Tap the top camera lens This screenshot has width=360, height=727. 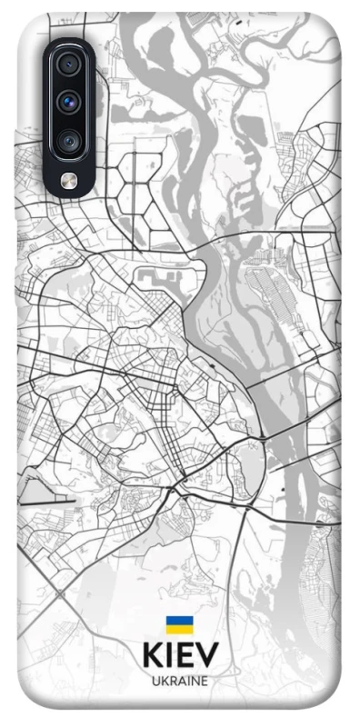click(69, 65)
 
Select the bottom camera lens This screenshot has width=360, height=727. click(69, 141)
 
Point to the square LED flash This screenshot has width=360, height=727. click(69, 180)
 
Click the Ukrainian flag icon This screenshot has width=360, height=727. click(179, 625)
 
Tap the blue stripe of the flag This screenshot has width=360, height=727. click(179, 621)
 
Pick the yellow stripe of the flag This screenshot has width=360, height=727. click(179, 630)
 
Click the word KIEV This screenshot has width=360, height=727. click(180, 656)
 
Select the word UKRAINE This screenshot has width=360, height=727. click(180, 681)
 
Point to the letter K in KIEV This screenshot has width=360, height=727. click(152, 656)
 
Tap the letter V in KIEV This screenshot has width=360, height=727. click(207, 656)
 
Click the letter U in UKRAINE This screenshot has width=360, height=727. click(155, 681)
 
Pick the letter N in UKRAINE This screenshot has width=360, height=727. click(195, 681)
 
